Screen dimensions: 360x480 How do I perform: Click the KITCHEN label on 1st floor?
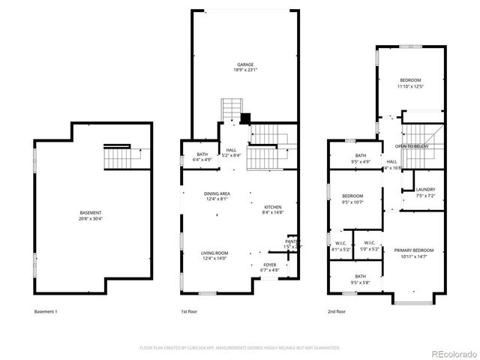pos(272,207)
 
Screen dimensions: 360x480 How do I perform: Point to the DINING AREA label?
pos(217,194)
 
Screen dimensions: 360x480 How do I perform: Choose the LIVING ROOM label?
pos(214,253)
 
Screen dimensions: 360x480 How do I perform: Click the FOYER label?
pos(269,265)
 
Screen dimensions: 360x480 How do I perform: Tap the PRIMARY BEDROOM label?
pos(414,250)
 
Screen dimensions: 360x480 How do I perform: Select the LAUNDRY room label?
pos(425,190)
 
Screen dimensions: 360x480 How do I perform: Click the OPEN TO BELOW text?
pos(412,146)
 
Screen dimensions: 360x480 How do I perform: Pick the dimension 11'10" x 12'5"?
pos(410,86)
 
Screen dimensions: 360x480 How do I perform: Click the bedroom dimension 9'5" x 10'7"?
pos(352,202)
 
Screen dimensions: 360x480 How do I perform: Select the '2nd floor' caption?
pos(337,311)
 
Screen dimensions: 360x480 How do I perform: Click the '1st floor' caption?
pos(189,311)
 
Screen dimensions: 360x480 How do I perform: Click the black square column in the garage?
pos(244,118)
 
